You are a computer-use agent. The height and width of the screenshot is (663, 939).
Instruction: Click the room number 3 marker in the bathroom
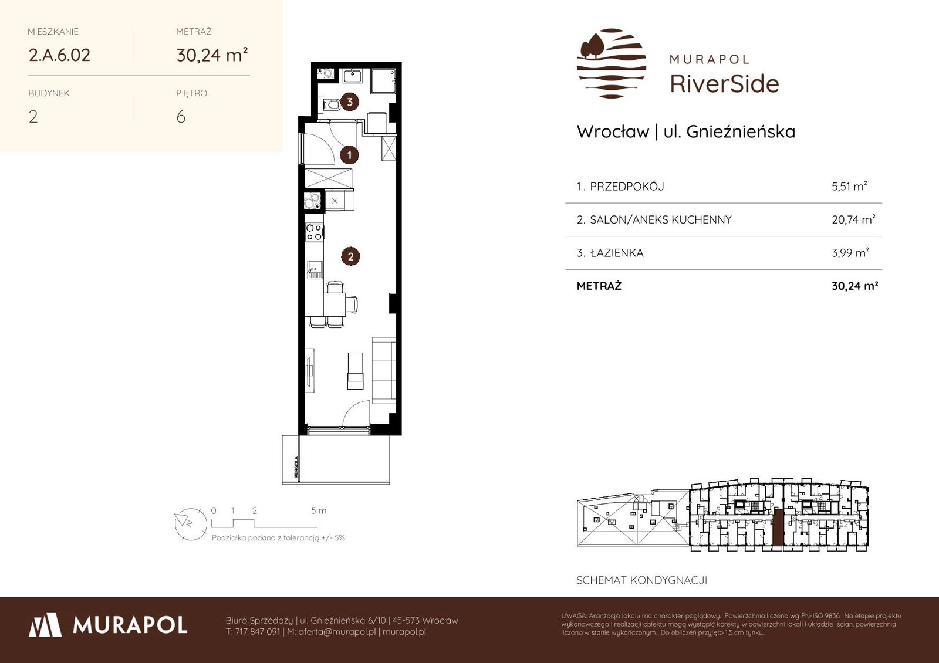click(350, 102)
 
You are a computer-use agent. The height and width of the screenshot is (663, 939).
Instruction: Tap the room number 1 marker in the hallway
click(349, 155)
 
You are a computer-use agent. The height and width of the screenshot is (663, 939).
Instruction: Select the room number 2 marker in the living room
click(350, 256)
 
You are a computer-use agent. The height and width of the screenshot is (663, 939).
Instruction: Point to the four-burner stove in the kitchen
click(315, 232)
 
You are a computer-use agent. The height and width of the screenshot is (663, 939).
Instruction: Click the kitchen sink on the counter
click(315, 269)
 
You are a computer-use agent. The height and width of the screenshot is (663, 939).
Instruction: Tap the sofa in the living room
click(384, 370)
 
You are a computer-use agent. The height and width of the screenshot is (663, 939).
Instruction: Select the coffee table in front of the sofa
click(356, 371)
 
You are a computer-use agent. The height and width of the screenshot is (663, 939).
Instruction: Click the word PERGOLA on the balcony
click(296, 467)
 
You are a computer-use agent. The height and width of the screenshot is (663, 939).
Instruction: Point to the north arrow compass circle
click(191, 524)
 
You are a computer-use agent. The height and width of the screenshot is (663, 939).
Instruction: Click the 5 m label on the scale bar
click(319, 510)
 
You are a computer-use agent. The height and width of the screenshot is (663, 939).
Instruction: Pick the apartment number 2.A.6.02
click(59, 55)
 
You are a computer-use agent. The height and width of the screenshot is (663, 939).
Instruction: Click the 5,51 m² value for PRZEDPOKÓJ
click(849, 186)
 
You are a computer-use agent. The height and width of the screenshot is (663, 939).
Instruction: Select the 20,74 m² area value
click(853, 219)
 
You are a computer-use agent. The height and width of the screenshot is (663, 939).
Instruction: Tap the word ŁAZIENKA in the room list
click(617, 253)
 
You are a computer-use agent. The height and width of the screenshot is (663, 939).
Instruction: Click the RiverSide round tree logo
click(612, 63)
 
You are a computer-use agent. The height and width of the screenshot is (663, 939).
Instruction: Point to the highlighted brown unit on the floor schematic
click(778, 527)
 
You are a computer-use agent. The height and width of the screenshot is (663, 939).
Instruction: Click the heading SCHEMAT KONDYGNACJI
click(642, 580)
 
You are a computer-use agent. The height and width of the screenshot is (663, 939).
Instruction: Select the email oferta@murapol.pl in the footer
click(337, 632)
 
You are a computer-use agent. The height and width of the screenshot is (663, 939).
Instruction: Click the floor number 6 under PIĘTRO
click(181, 117)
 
